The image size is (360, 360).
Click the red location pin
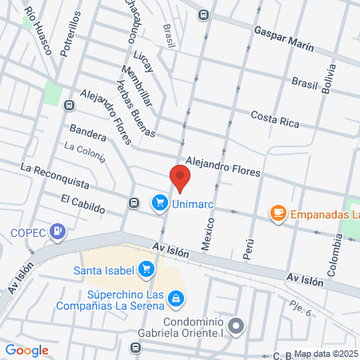[180, 178]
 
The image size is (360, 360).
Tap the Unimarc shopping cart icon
[159, 203]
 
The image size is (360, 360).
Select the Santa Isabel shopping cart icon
[146, 270]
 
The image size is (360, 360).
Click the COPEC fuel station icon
[58, 232]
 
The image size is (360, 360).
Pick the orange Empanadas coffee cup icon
[278, 213]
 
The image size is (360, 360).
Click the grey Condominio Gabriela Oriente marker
[235, 326]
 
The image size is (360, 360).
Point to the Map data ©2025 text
[325, 354]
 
